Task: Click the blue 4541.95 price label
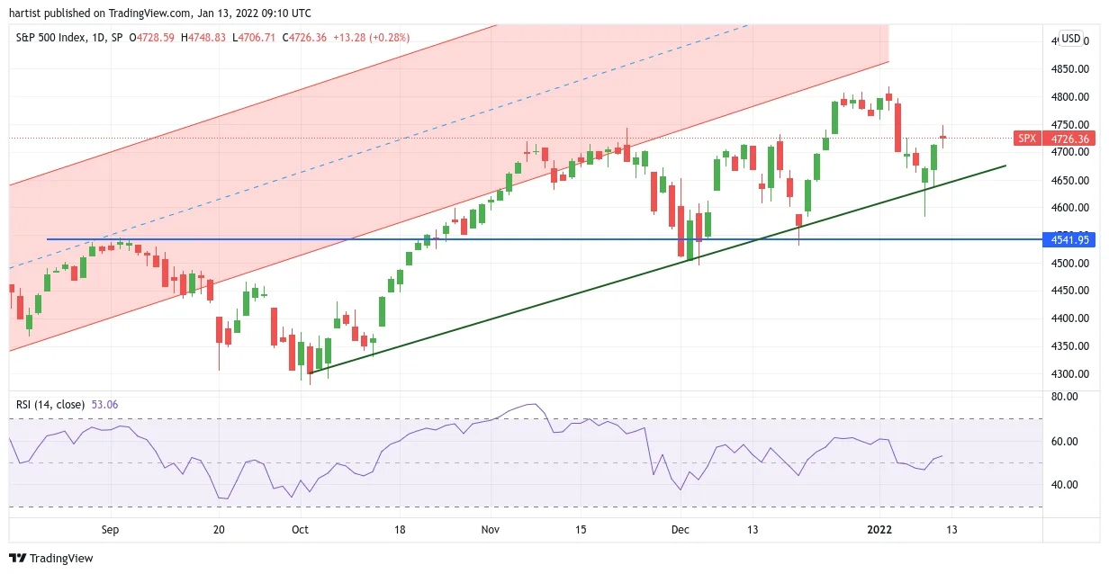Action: tap(1068, 240)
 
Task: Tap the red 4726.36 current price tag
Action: tap(1068, 139)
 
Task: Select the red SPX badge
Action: tap(1027, 139)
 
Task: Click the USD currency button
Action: tap(1071, 39)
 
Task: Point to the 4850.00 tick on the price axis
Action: tap(1070, 68)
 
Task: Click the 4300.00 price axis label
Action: tap(1070, 374)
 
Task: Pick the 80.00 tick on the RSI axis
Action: tap(1064, 397)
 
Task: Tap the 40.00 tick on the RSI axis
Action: tap(1064, 484)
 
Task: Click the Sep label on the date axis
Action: tap(111, 530)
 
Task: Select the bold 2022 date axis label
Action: tap(879, 530)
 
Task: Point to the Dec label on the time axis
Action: tap(681, 530)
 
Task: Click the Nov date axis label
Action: tap(490, 530)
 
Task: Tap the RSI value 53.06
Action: tap(105, 405)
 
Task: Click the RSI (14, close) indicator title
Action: tap(50, 405)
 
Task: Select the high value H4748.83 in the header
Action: tap(203, 38)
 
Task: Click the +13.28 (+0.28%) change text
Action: tap(371, 38)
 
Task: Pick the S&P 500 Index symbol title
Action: tap(50, 38)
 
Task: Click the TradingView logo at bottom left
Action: tap(51, 558)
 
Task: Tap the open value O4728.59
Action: tap(151, 38)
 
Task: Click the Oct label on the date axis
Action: tap(300, 530)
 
